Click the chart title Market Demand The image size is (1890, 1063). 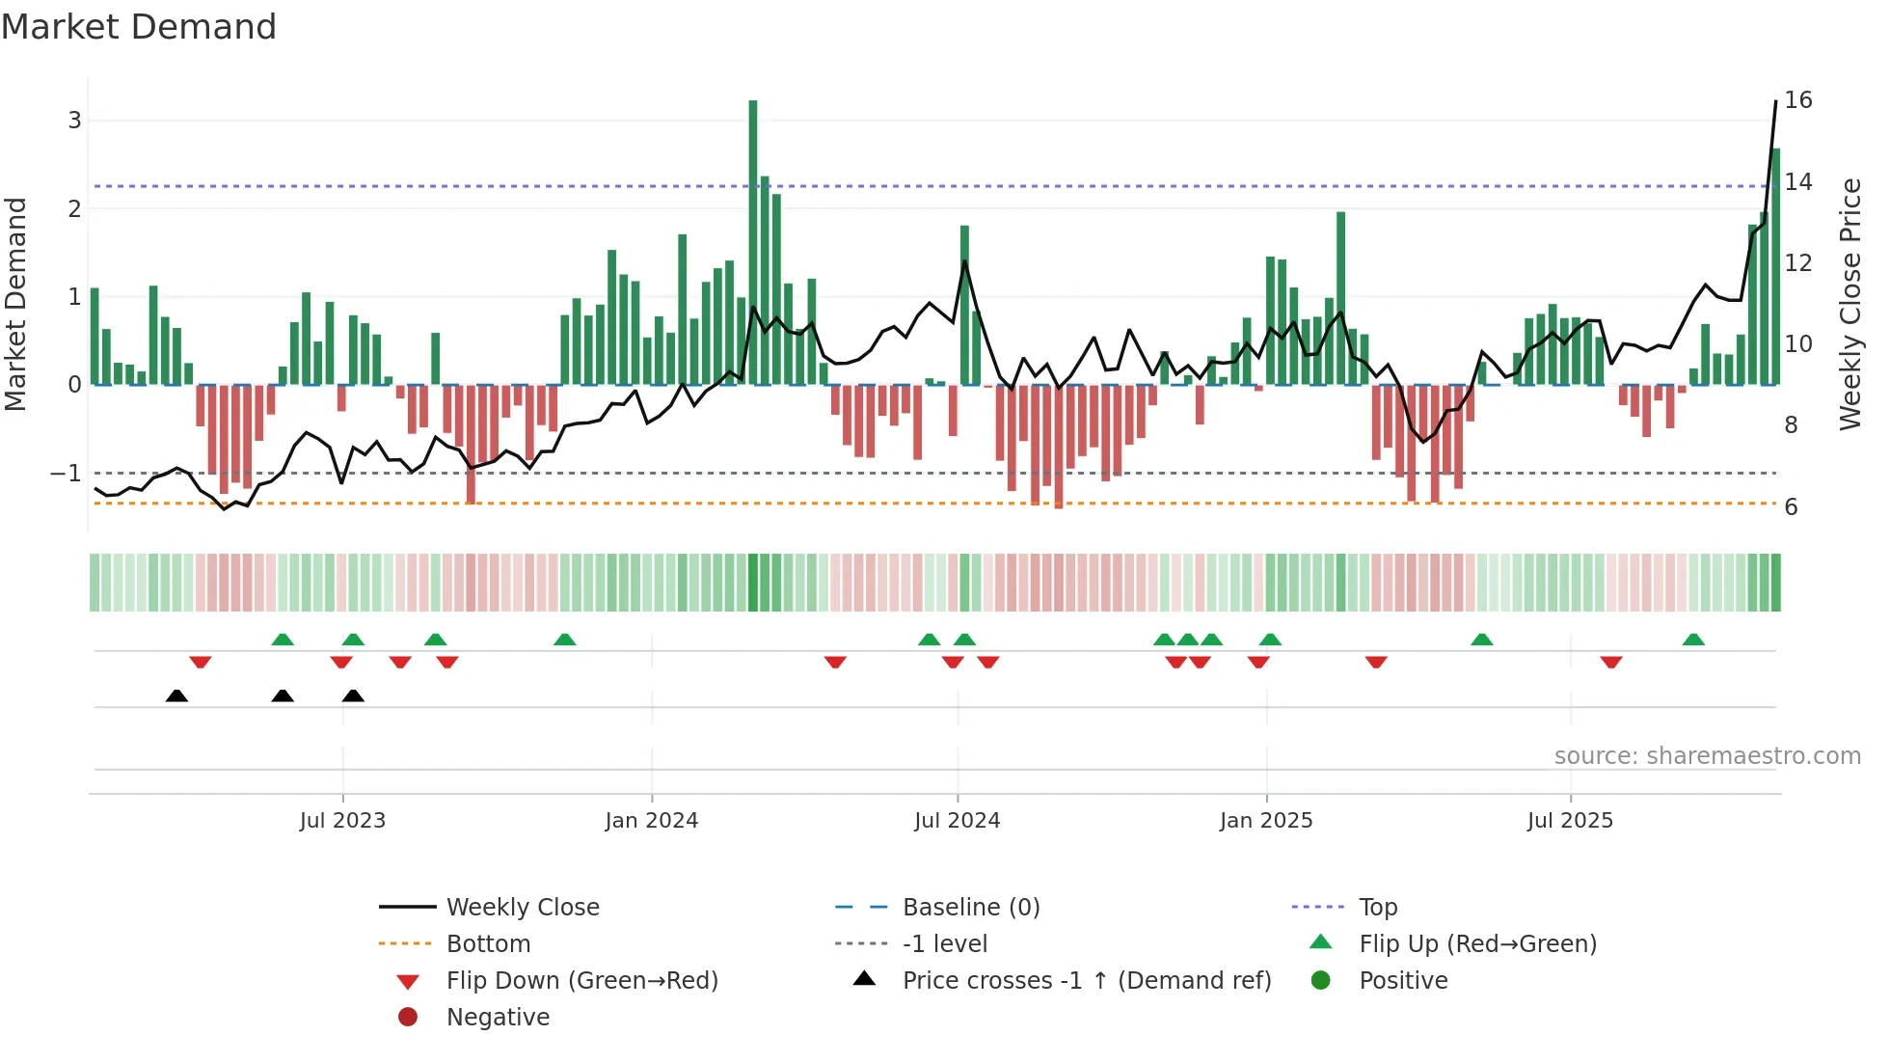pyautogui.click(x=139, y=26)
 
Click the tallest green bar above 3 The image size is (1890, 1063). pyautogui.click(x=753, y=241)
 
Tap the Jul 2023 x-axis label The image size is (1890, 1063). pyautogui.click(x=342, y=820)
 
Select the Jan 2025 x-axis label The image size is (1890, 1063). pyautogui.click(x=1266, y=820)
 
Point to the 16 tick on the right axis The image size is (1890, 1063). pyautogui.click(x=1797, y=100)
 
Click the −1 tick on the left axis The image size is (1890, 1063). pyautogui.click(x=66, y=473)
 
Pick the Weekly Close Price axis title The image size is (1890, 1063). pyautogui.click(x=1849, y=304)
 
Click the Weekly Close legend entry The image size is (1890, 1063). pyautogui.click(x=522, y=907)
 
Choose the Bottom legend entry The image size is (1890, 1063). pyautogui.click(x=488, y=943)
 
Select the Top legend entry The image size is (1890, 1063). pyautogui.click(x=1377, y=907)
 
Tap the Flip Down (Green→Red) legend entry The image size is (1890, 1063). pyautogui.click(x=581, y=980)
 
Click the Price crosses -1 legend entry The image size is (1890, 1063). pyautogui.click(x=1086, y=980)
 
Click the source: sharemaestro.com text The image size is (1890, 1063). pyautogui.click(x=1707, y=755)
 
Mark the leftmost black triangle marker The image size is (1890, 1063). pyautogui.click(x=176, y=695)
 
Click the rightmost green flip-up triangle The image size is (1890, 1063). pyautogui.click(x=1693, y=640)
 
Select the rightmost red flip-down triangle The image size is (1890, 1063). pyautogui.click(x=1611, y=662)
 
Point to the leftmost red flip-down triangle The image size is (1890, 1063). pyautogui.click(x=201, y=662)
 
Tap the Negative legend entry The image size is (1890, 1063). pyautogui.click(x=498, y=1017)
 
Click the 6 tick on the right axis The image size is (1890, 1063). pyautogui.click(x=1791, y=507)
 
